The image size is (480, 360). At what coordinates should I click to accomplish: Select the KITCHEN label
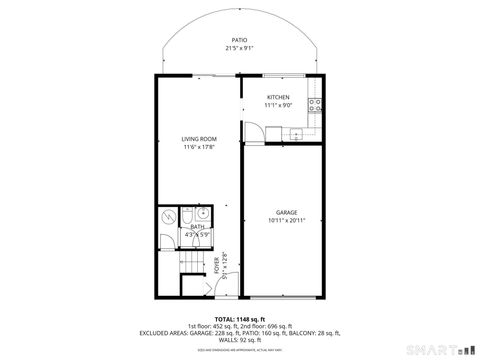(278, 97)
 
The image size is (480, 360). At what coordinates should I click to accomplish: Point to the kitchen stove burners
(315, 104)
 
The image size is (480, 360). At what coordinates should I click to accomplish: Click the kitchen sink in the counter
(296, 133)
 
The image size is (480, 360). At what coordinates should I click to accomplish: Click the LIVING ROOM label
(199, 139)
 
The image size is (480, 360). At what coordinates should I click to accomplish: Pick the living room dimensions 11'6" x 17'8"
(199, 147)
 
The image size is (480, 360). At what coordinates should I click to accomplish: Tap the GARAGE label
(287, 212)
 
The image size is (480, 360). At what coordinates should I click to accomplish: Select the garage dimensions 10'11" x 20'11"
(287, 220)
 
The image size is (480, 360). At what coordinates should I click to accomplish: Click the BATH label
(197, 228)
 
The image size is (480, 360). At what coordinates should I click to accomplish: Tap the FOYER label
(217, 266)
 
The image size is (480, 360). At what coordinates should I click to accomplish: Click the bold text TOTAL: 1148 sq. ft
(239, 318)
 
